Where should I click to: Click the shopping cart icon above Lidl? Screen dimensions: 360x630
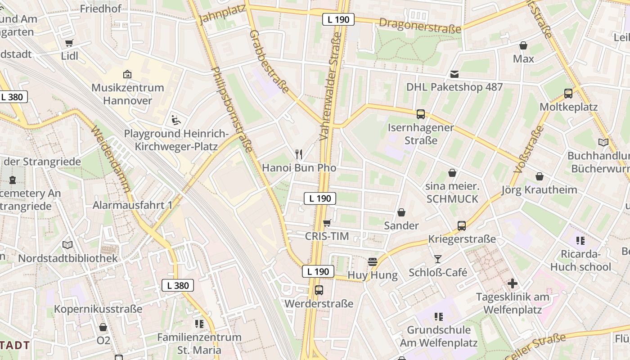69,43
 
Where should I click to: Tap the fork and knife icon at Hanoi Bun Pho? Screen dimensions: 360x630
299,154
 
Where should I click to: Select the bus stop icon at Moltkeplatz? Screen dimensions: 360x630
568,94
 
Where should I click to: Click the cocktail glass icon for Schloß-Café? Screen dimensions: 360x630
437,259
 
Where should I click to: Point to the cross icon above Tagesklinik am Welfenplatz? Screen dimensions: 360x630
512,283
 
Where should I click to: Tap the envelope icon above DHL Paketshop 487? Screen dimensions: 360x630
454,74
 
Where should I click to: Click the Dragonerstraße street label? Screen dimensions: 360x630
420,25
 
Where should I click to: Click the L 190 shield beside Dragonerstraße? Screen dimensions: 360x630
338,19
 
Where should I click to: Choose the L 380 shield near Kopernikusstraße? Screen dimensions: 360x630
178,285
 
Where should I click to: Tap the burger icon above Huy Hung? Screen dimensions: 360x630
372,262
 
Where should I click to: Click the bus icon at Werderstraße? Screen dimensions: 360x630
319,290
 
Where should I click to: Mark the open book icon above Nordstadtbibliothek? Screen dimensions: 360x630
67,245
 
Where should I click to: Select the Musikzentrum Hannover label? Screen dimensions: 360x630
128,94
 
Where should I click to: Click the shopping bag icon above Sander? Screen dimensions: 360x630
401,212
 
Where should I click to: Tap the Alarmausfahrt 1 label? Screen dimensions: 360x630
132,205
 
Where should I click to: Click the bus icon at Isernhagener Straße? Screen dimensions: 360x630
421,114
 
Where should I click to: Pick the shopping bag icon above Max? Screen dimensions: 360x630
523,45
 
